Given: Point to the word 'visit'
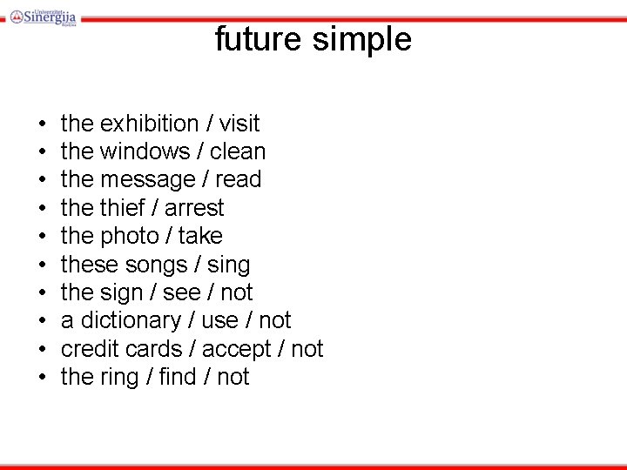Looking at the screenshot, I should click(239, 124).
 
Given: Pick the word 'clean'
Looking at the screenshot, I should click(238, 152).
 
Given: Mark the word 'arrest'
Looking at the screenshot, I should click(194, 209).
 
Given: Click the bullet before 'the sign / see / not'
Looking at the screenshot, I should click(42, 293).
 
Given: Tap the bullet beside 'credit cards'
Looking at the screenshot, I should click(42, 350).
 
